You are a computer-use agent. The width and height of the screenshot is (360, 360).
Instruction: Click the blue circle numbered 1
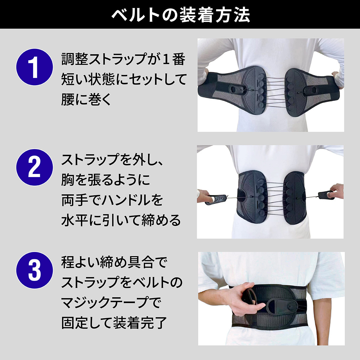coord(34,67)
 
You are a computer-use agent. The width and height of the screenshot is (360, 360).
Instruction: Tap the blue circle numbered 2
coord(34,167)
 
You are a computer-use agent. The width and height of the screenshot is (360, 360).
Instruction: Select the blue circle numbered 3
coord(34,270)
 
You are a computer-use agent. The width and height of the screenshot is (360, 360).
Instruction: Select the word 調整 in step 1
coord(74,59)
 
